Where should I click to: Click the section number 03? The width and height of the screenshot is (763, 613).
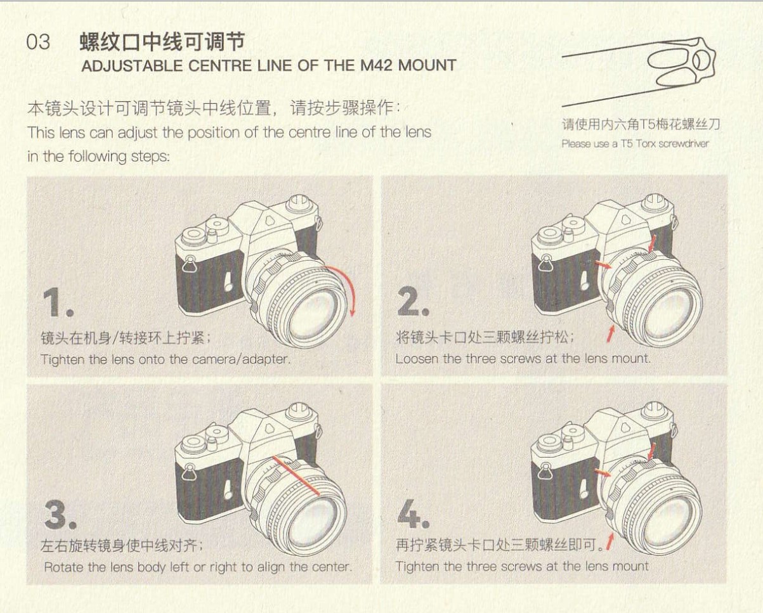pyautogui.click(x=38, y=42)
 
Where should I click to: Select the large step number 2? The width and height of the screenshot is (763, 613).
pyautogui.click(x=413, y=301)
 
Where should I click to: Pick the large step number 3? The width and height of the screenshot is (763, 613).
pyautogui.click(x=60, y=514)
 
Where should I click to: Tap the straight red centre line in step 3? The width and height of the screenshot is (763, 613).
pyautogui.click(x=296, y=475)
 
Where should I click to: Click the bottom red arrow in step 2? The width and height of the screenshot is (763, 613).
pyautogui.click(x=610, y=334)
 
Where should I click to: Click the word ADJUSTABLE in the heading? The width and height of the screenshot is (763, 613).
pyautogui.click(x=133, y=66)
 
